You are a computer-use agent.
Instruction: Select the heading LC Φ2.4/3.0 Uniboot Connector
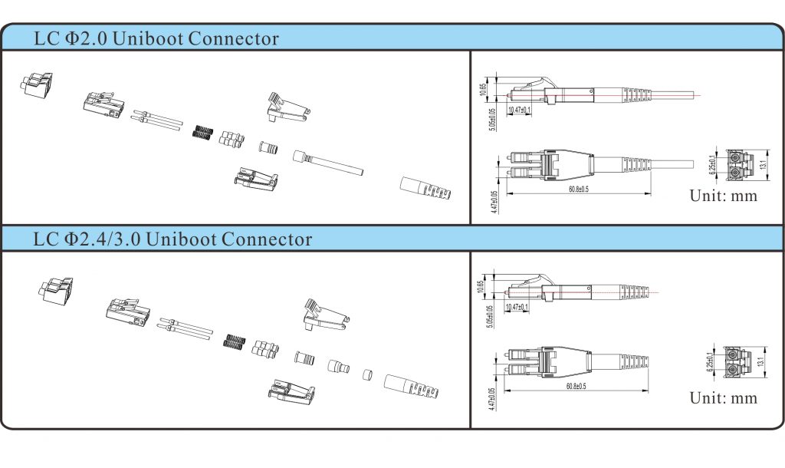173,239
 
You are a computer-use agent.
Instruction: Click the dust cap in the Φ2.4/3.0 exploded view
58,288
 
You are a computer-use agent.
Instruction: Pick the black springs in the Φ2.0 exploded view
202,132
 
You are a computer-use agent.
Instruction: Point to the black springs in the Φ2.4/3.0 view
233,342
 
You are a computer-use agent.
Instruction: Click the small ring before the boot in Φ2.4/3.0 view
367,376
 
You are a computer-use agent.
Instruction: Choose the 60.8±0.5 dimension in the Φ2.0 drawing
578,189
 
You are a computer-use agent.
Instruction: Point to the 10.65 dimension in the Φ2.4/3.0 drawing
481,287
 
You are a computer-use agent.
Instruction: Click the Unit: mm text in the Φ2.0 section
723,196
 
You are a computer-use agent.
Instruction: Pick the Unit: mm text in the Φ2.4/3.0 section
723,397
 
